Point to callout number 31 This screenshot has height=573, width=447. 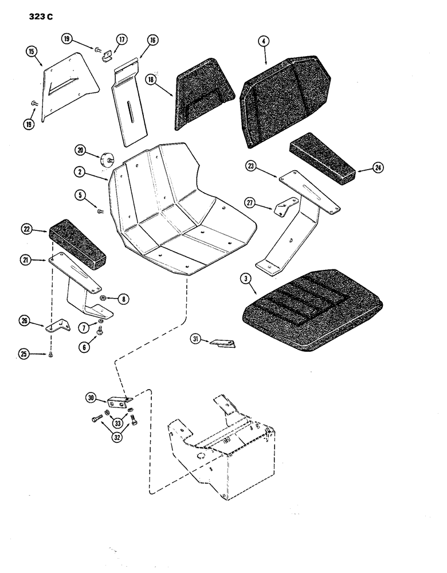coord(197,342)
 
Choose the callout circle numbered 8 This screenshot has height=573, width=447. coord(122,298)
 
